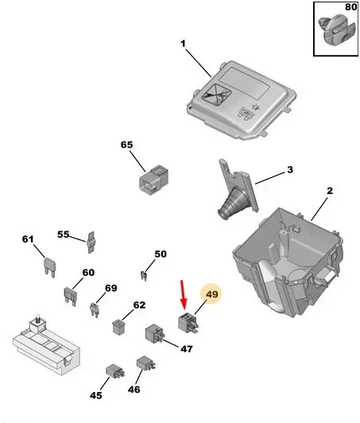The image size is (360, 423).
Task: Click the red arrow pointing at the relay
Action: (x=184, y=295)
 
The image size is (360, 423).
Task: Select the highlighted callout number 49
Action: (x=211, y=293)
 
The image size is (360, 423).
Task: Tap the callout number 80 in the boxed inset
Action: (x=350, y=6)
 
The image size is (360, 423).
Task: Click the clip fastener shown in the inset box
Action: (x=335, y=30)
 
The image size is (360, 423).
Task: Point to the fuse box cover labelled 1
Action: (x=242, y=100)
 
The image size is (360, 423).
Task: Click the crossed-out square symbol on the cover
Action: (x=216, y=95)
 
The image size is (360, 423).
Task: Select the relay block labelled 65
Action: (x=153, y=180)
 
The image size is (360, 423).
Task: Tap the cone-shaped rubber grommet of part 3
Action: (x=231, y=203)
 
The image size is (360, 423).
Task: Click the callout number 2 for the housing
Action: (x=330, y=191)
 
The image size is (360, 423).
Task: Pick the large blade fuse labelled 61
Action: (x=50, y=267)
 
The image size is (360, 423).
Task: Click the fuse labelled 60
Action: (x=71, y=297)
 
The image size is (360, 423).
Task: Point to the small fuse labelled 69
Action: (x=94, y=310)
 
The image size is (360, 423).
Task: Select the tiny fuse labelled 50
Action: (x=144, y=275)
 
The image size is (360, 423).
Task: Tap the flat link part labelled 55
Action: (x=91, y=243)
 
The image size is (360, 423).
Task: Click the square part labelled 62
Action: (x=118, y=327)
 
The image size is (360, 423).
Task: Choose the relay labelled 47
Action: (x=155, y=334)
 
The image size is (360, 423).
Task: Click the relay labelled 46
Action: (x=146, y=363)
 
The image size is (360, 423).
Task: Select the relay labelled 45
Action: (x=115, y=371)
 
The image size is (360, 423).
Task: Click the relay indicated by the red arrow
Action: (x=188, y=322)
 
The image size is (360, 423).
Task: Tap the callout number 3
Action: (x=289, y=170)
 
